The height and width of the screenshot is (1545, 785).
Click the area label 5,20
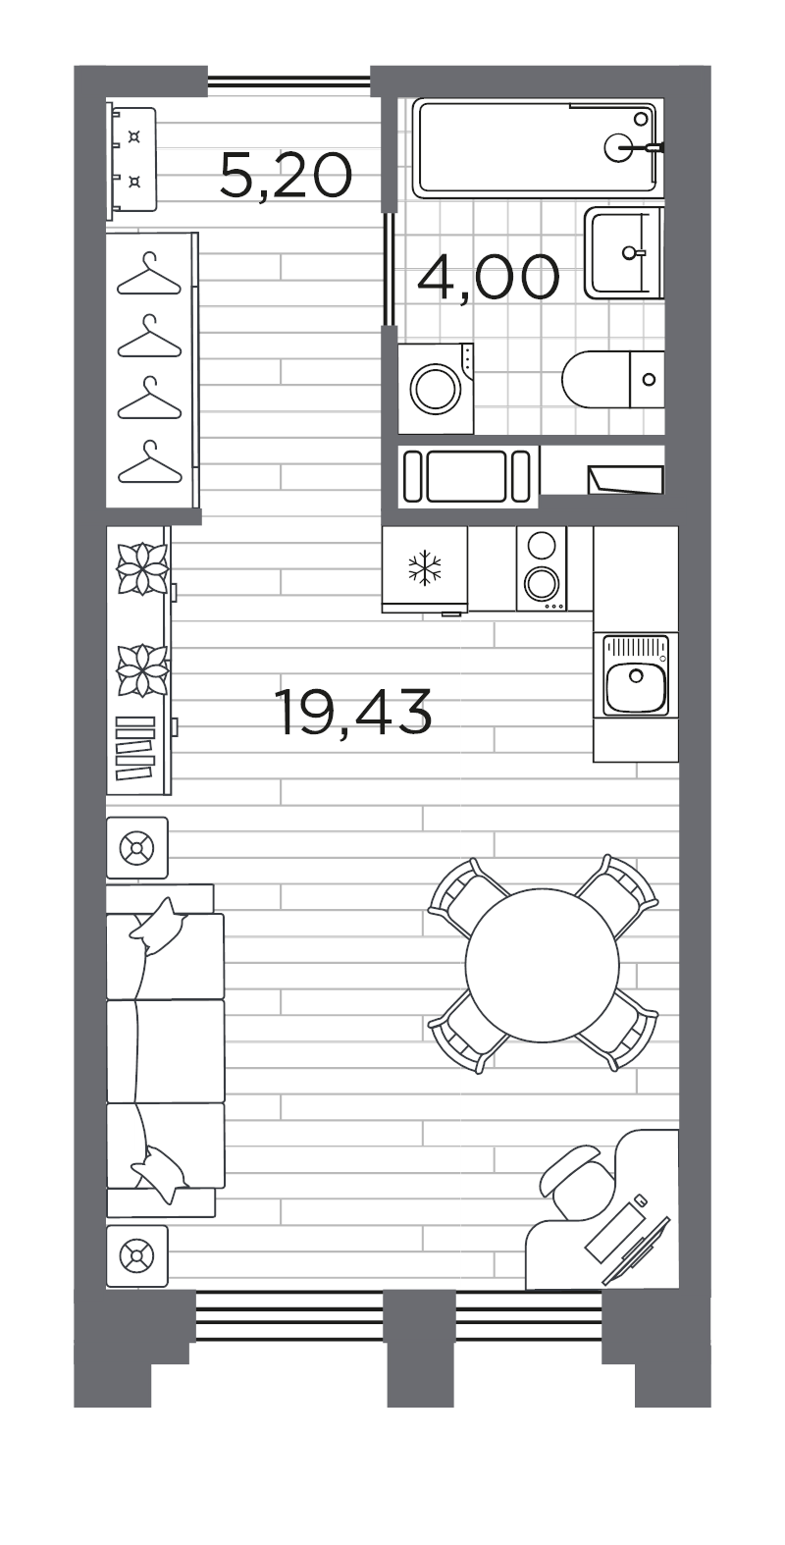pos(286,177)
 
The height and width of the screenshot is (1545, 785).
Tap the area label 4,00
pos(488,278)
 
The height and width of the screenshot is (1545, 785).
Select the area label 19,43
pos(353,712)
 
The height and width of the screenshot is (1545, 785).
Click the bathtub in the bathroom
pos(536,148)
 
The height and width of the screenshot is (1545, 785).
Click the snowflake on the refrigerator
pos(425,567)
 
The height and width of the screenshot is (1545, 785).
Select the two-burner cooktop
pos(541,569)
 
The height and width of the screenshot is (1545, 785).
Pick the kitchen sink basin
pos(636,685)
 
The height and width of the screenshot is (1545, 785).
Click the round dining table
pos(542,965)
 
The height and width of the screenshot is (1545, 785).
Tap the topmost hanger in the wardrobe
pos(149,275)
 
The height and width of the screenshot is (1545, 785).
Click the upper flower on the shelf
pos(142,569)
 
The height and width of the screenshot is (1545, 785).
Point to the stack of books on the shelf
pos(135,748)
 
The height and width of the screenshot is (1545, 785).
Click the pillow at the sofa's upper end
pos(159,927)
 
